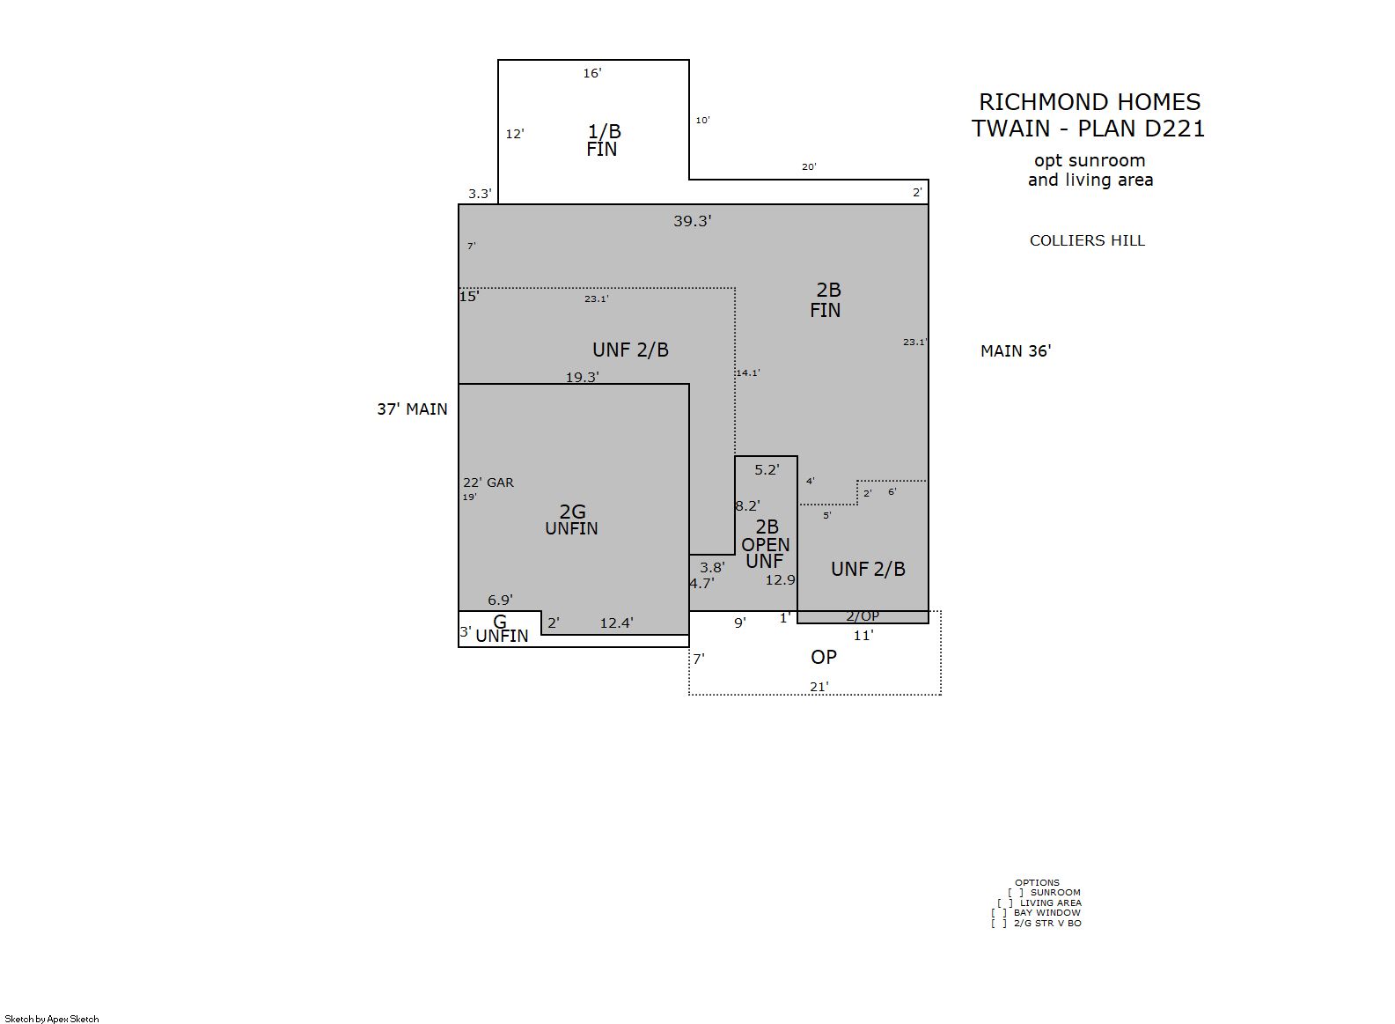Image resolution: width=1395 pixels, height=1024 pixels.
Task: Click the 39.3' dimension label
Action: coord(692,221)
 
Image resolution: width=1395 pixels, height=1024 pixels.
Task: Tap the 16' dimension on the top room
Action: coord(591,73)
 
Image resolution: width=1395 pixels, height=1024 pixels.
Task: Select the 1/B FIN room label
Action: coord(603,140)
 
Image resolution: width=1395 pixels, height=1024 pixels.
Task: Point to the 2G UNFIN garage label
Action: coord(572,519)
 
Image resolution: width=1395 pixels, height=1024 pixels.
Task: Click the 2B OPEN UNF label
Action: coord(766,544)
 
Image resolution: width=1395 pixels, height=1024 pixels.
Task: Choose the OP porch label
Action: coord(823,657)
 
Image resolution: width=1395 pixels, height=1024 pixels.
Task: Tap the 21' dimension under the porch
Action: coord(819,687)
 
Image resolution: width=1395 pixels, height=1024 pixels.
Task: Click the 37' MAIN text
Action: coord(412,409)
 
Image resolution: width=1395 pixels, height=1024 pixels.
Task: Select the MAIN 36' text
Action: coord(1016,351)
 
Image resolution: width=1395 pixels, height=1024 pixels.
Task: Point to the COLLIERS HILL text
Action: coord(1087,240)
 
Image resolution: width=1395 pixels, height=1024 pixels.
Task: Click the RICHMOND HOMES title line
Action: coord(1090,102)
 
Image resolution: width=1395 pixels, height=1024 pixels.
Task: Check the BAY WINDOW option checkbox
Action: coord(999,912)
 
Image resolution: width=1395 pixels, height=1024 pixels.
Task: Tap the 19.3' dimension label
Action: coord(583,377)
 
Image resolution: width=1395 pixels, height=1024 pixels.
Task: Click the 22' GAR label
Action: coord(488,483)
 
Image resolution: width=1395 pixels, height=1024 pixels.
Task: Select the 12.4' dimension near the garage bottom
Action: coord(617,623)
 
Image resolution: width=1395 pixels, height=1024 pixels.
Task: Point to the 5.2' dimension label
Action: coord(767,469)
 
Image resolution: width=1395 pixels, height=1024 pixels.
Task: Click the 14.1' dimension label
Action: coord(748,372)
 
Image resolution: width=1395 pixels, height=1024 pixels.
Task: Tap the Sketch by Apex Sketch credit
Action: coord(52,1019)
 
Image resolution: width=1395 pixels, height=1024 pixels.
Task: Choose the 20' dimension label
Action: coord(809,167)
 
